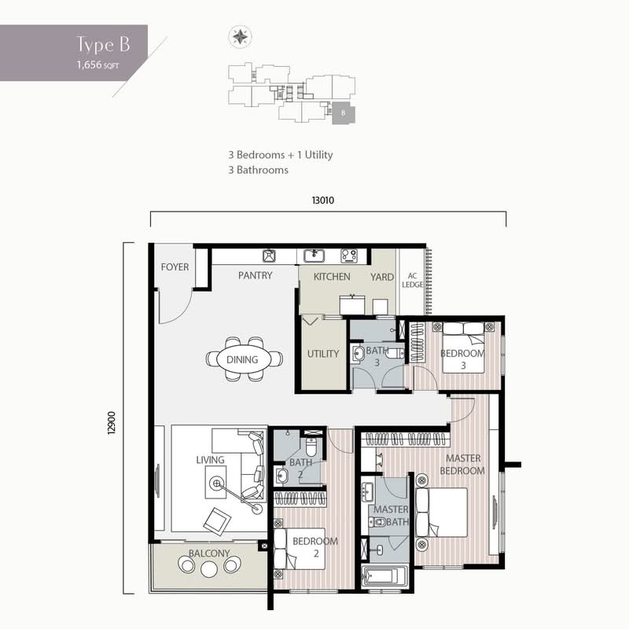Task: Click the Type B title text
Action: click(103, 44)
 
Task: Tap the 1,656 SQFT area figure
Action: click(97, 65)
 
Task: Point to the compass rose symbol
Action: click(241, 37)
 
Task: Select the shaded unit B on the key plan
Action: click(344, 113)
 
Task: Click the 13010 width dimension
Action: click(323, 200)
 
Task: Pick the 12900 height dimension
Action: click(112, 422)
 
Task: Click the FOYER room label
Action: click(175, 267)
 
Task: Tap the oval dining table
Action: click(242, 359)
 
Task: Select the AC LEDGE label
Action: click(412, 280)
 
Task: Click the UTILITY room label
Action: click(323, 354)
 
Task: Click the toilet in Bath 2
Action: click(311, 445)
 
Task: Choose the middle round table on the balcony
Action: click(209, 568)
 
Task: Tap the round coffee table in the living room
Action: click(216, 483)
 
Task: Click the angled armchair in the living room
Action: click(217, 521)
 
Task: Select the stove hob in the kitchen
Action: click(349, 256)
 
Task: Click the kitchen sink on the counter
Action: click(314, 256)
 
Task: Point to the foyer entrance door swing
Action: click(175, 307)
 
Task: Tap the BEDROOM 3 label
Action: click(462, 359)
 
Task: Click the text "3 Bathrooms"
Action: click(259, 170)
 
